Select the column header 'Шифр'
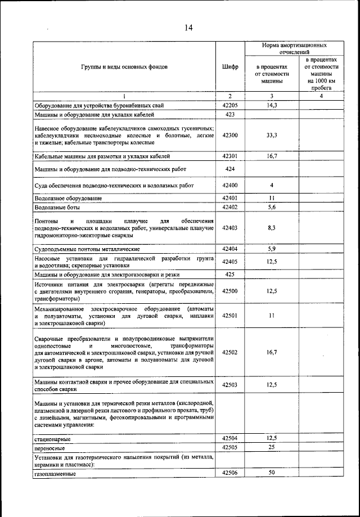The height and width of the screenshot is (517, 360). tap(229, 66)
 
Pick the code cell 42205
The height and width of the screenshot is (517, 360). tap(229, 105)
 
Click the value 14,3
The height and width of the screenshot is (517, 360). tap(271, 105)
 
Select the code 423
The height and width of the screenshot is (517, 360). tap(229, 115)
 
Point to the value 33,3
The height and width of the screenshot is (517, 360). tap(271, 135)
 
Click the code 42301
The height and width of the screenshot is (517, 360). tap(229, 156)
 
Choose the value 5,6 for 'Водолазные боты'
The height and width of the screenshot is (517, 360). tap(271, 208)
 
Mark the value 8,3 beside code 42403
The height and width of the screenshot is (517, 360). tap(271, 228)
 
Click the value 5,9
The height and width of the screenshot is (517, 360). tap(271, 248)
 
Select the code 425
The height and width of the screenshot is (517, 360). tap(229, 274)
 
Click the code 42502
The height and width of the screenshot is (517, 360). tap(229, 352)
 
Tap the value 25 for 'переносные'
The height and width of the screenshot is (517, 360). tap(271, 448)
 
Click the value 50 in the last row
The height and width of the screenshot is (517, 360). tap(271, 473)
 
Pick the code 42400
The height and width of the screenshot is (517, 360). tap(229, 185)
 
